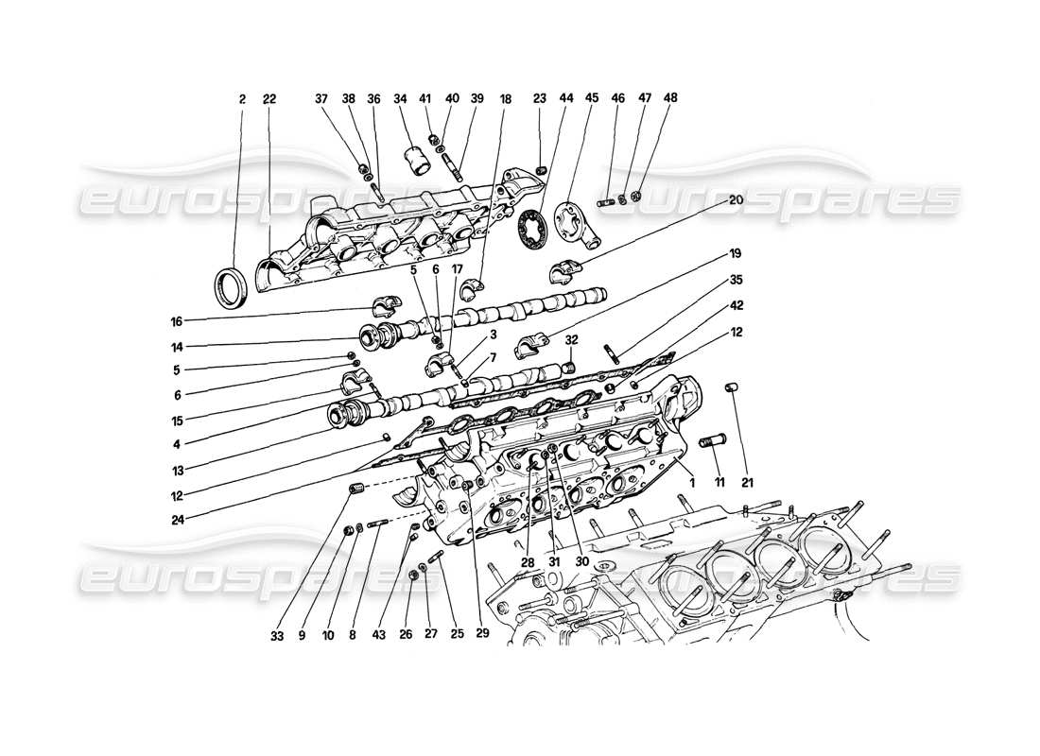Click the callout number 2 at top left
click(241, 98)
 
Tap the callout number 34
click(400, 98)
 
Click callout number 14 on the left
click(177, 346)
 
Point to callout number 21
click(749, 484)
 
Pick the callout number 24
click(177, 519)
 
